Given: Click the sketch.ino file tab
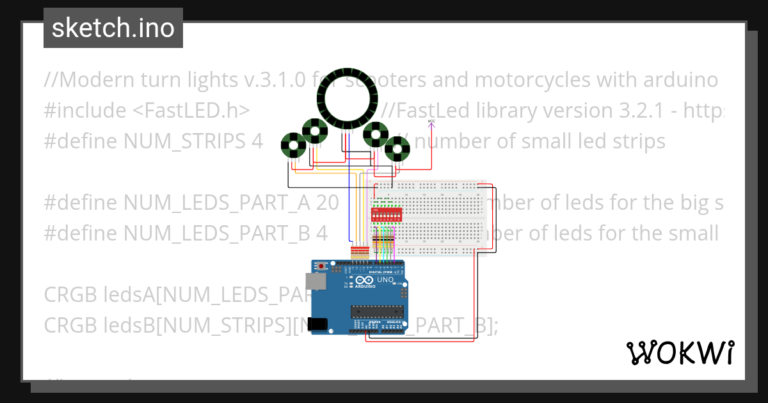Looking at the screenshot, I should tap(113, 28).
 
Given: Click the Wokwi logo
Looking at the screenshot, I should tap(680, 352).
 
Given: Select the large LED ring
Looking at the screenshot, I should tap(348, 100).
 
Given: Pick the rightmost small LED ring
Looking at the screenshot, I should tap(398, 149).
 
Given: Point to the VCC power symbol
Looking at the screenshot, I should tap(431, 121).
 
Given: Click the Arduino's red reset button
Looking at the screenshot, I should tap(322, 265).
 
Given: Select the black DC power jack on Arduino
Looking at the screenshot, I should tap(319, 324).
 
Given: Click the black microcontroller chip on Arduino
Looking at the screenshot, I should tap(376, 312).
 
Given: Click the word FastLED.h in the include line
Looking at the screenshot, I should tap(191, 111).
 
